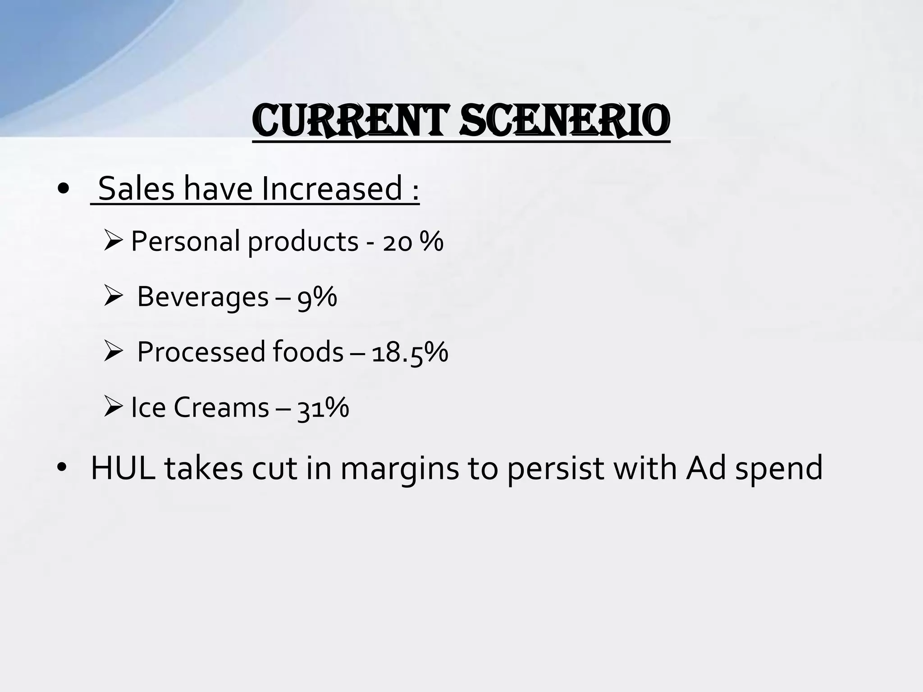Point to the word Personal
(185, 241)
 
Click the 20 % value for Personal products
(413, 241)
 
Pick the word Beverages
(203, 297)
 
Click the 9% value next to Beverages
(317, 297)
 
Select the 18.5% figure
(410, 352)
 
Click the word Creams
(221, 407)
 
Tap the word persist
(555, 469)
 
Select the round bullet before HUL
(62, 469)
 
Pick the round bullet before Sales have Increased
(64, 189)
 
